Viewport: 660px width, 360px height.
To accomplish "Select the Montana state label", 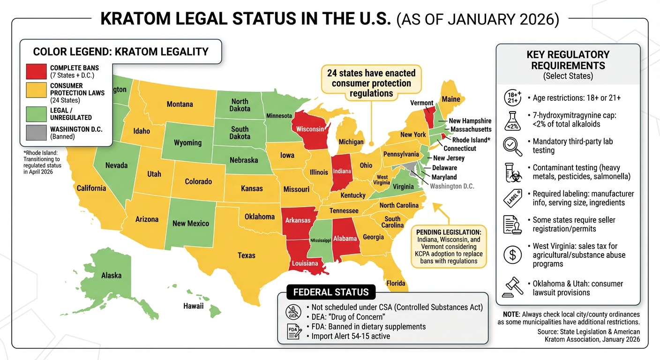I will coord(180,104).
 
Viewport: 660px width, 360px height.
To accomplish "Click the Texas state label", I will coord(246,255).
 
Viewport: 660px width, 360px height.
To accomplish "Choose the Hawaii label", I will coord(193,306).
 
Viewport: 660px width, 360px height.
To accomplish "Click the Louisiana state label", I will coord(305,263).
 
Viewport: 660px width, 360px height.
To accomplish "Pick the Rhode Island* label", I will coord(471,140).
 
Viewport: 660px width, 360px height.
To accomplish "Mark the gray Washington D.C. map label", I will coord(452,186).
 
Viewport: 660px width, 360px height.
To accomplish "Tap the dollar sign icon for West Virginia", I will coord(512,255).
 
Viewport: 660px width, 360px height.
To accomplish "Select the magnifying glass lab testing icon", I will coord(512,146).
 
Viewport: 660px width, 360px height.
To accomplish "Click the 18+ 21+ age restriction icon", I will coord(512,97).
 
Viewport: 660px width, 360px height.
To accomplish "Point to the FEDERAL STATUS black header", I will coord(331,292).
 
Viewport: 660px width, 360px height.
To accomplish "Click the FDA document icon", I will coord(293,331).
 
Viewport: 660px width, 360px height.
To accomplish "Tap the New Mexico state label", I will coord(190,223).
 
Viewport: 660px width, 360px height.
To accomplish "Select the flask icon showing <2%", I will coord(512,121).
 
